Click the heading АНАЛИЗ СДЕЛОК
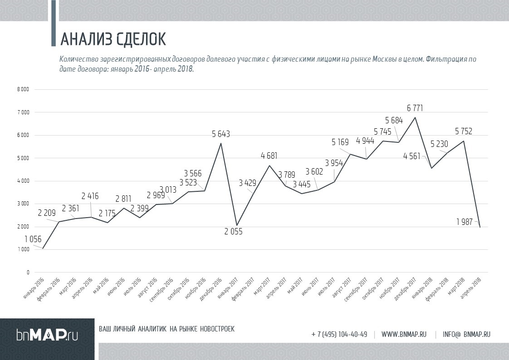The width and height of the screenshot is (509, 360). point(113,39)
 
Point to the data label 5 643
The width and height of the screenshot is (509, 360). point(221,134)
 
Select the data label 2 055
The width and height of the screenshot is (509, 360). point(234,232)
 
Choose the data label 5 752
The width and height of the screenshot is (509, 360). point(464,131)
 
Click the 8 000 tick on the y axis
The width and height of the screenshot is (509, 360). point(24,89)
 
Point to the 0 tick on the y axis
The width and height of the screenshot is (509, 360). point(28,272)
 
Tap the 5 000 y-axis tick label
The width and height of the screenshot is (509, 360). point(24,158)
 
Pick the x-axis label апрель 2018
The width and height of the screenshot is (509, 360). point(471,287)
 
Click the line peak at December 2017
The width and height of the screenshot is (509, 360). point(415,117)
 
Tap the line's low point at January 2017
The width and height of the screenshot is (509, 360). point(236,225)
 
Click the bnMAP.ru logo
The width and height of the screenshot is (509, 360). point(47,335)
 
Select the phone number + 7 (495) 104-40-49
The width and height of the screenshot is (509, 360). point(339,335)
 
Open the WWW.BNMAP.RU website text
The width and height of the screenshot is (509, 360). point(404,335)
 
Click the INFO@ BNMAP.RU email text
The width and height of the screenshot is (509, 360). point(466,335)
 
